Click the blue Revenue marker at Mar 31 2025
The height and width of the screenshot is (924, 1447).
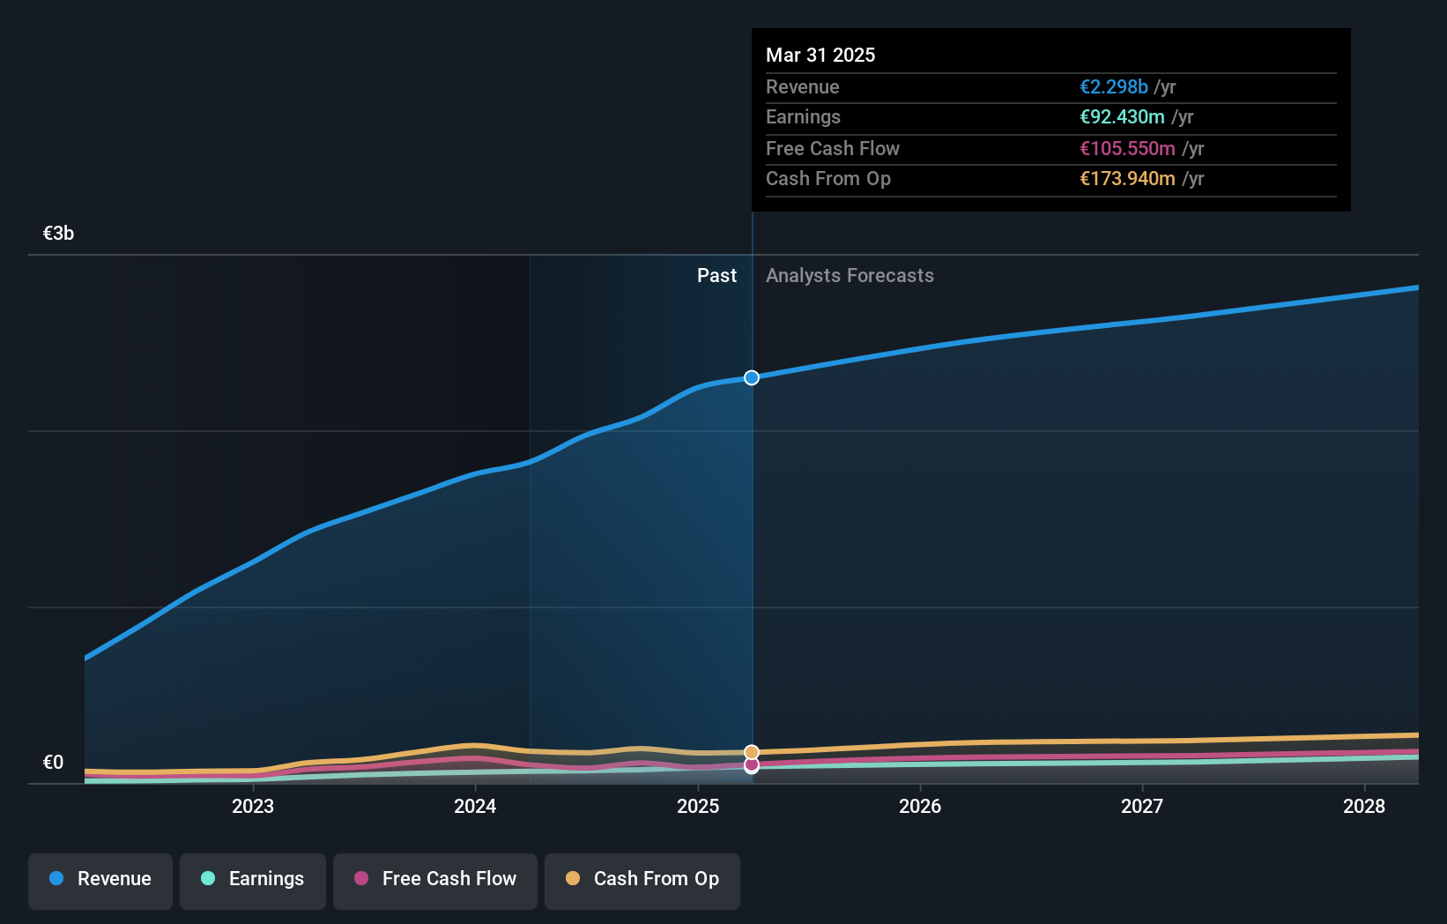751,377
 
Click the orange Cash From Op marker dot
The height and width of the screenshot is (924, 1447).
751,752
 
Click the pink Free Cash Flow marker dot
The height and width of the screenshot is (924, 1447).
751,765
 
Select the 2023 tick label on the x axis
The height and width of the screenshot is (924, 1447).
253,806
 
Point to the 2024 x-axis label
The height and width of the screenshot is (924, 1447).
475,806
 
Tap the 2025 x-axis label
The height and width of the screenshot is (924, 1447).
698,806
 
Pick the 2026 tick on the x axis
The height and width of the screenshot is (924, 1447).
920,806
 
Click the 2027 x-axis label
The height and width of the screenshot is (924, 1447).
1142,806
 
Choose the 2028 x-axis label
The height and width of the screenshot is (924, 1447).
1364,806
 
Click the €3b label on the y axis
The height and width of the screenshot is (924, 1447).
58,233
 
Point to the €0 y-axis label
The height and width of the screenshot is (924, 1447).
53,762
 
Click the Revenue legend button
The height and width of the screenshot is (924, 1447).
100,879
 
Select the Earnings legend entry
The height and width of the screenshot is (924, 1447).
253,879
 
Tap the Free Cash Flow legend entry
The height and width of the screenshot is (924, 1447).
435,879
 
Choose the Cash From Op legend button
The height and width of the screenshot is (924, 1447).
642,879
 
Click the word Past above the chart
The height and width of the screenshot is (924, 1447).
716,275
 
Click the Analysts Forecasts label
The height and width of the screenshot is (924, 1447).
850,275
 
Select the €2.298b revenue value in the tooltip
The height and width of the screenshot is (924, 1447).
1114,86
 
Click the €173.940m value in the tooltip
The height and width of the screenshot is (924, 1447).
1127,178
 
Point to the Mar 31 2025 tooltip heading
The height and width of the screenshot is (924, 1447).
820,55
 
